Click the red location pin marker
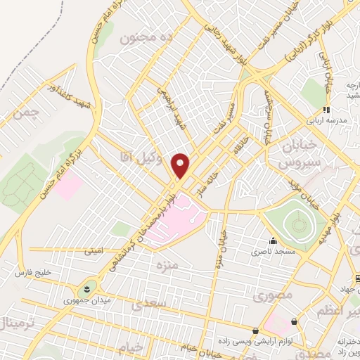(181, 166)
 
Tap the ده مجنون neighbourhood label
(155, 37)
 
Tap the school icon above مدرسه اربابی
(325, 109)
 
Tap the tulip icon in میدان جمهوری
(86, 288)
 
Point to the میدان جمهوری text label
(79, 300)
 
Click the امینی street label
(94, 250)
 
